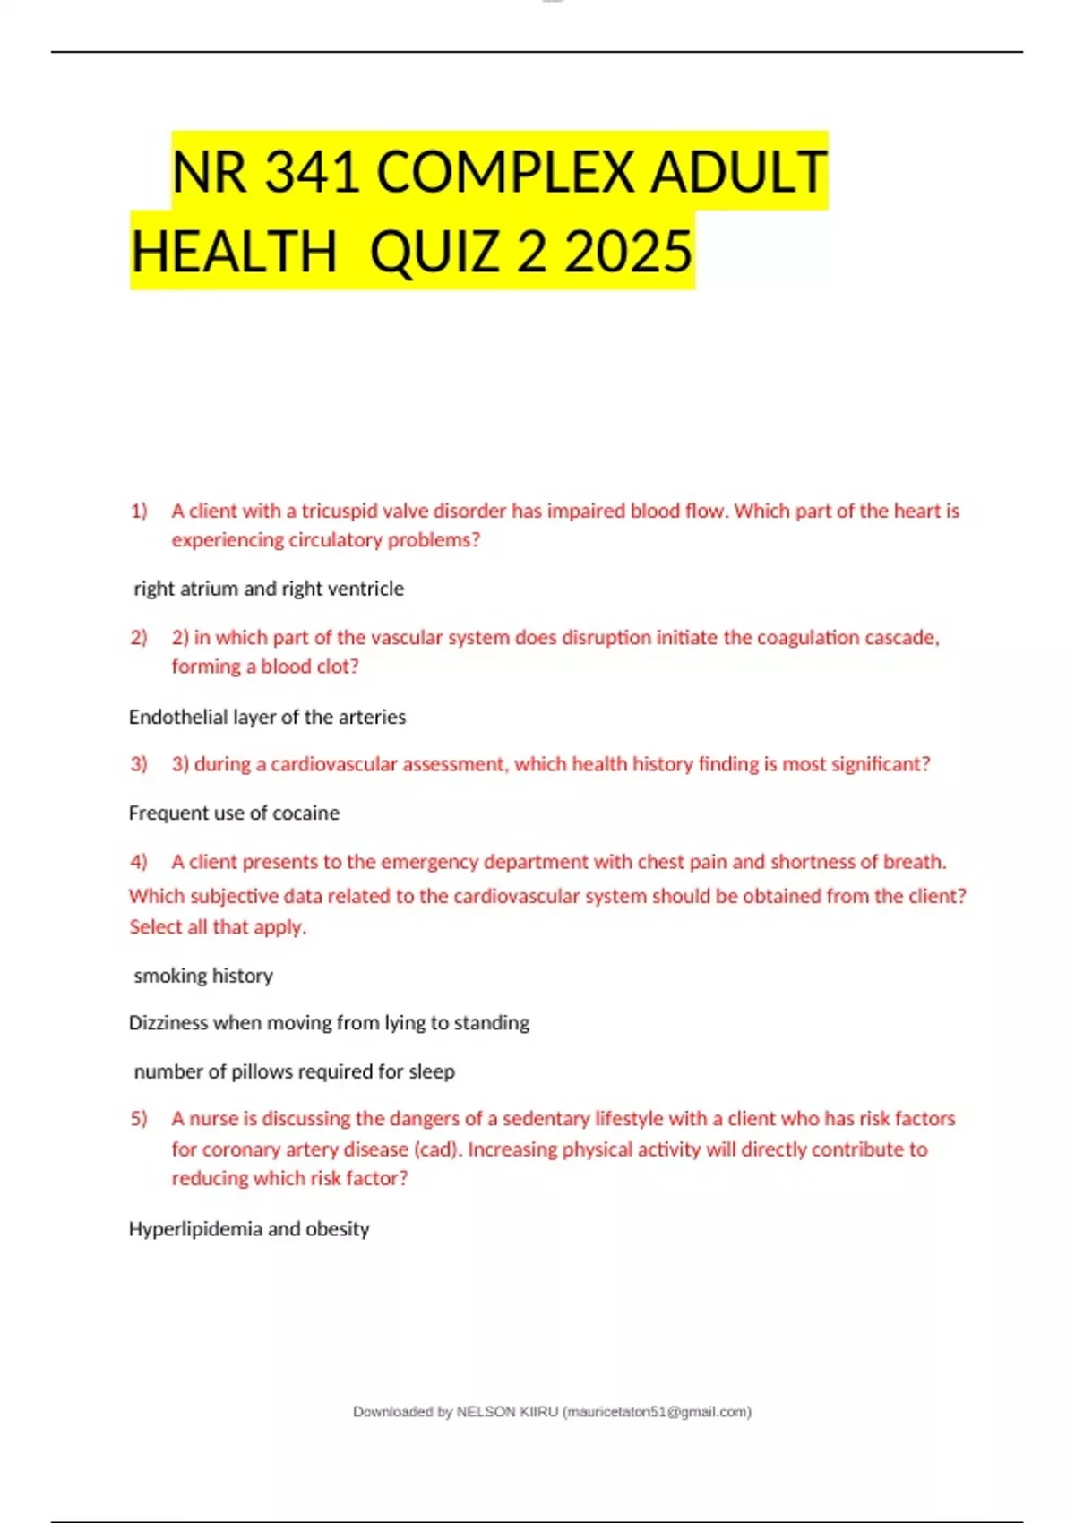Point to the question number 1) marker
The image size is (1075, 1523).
point(139,512)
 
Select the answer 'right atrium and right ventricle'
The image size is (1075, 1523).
point(269,589)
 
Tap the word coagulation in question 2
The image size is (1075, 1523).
point(807,638)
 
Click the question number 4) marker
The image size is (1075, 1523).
point(139,862)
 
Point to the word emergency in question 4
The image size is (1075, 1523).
point(428,862)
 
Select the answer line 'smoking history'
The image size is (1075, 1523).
point(203,976)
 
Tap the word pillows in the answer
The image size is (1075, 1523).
point(261,1071)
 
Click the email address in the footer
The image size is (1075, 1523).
point(657,1412)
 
